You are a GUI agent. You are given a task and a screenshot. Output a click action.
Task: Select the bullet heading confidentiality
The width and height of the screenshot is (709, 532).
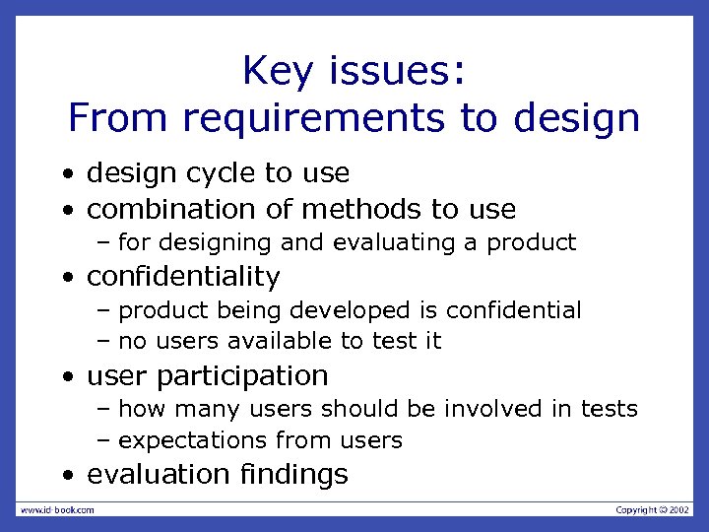(x=183, y=277)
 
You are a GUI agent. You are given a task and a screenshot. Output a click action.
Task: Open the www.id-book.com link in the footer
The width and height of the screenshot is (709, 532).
(x=56, y=509)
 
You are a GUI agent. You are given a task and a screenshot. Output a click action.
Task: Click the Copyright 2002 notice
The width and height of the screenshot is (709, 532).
(x=652, y=509)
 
